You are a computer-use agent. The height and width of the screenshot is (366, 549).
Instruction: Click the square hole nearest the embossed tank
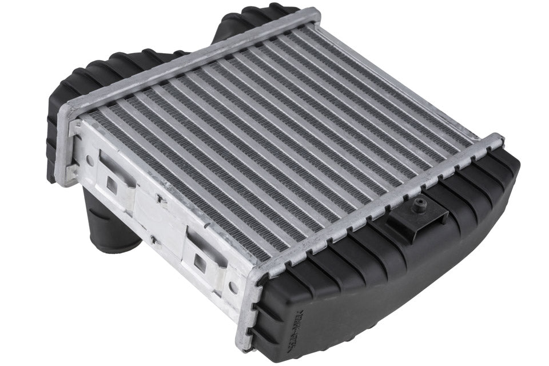tap(200, 261)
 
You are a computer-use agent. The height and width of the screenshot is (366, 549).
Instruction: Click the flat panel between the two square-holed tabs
tap(157, 220)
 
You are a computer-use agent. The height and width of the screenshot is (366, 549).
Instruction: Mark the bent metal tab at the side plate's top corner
tap(75, 126)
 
